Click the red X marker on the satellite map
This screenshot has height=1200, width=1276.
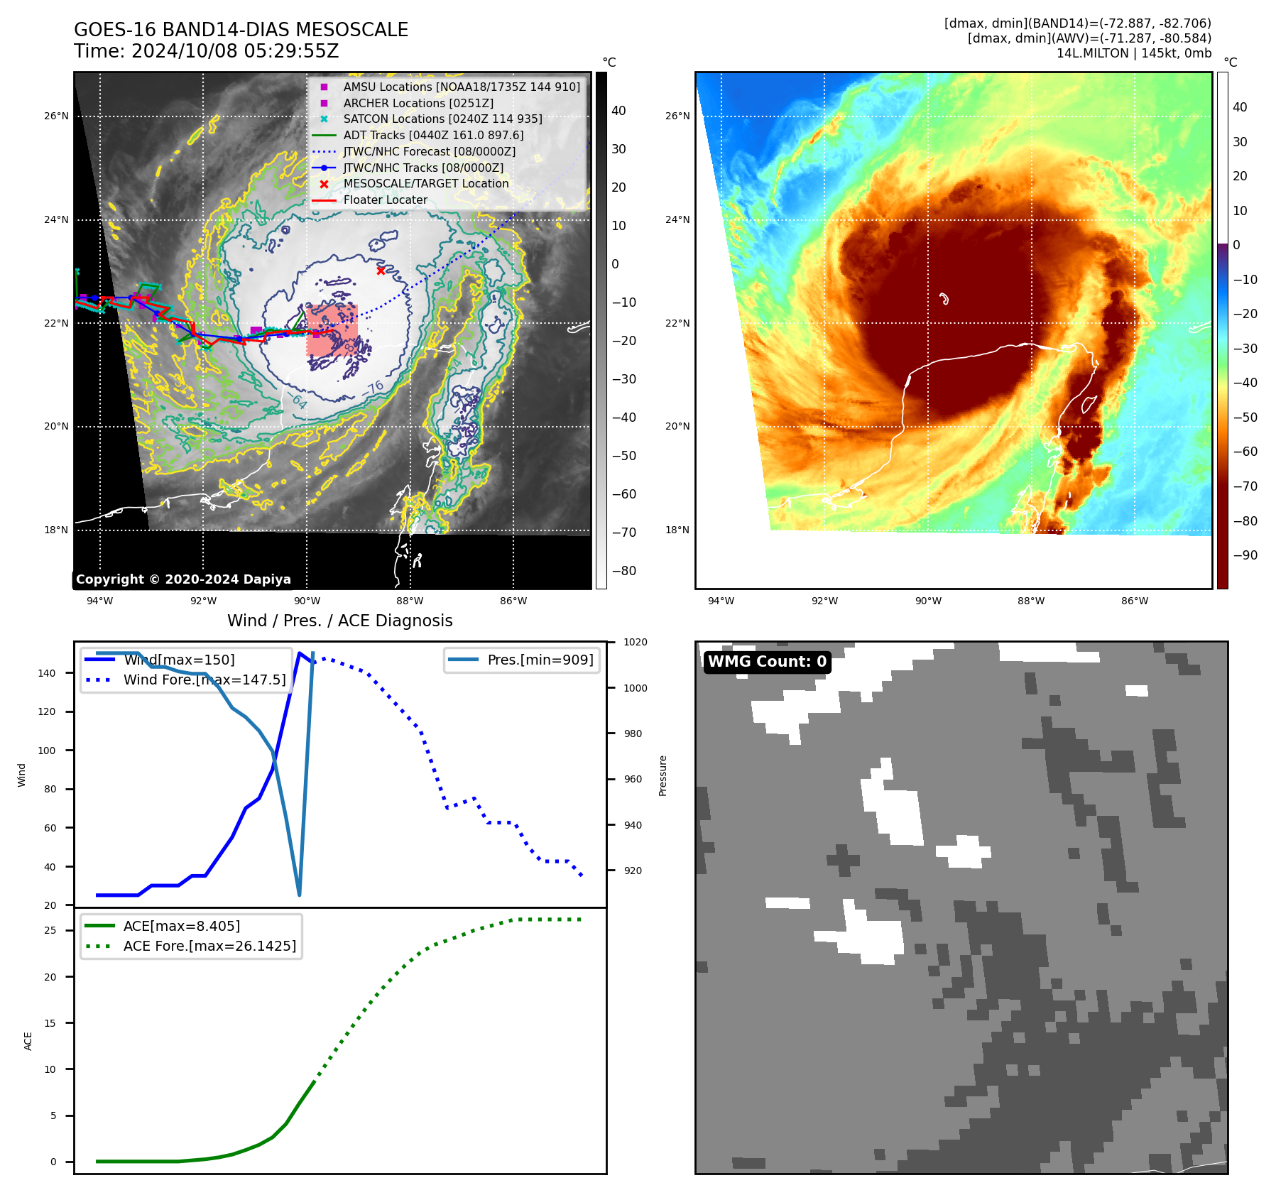381,271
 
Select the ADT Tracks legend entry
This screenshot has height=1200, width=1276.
433,135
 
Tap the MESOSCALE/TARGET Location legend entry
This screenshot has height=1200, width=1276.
426,183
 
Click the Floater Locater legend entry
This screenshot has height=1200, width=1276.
385,200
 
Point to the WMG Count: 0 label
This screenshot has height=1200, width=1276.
767,662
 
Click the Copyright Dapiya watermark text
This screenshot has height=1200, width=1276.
183,579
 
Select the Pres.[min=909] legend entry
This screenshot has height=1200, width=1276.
540,660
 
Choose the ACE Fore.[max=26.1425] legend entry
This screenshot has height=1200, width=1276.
209,946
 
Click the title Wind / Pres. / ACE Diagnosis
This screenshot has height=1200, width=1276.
339,621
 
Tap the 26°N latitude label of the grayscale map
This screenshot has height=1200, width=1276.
57,116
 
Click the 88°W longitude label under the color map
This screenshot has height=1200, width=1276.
1031,601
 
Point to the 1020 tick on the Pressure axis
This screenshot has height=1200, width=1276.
635,642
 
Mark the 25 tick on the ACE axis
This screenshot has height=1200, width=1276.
50,930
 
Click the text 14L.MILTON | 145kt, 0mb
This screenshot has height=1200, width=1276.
1133,53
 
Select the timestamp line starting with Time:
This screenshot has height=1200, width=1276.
206,51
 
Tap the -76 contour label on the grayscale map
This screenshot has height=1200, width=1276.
373,388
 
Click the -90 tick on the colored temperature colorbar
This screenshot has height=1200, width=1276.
1245,555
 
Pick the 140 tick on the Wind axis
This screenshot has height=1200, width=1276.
47,673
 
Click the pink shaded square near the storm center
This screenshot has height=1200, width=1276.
332,330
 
